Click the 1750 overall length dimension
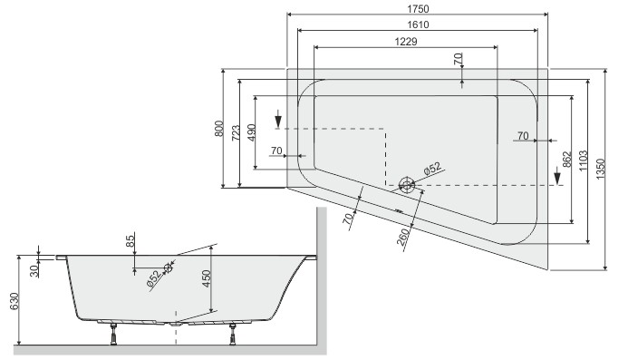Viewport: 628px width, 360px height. [418, 8]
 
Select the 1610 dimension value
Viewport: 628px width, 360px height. [418, 24]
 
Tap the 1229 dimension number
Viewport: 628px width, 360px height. [406, 41]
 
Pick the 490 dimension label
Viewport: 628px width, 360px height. [252, 131]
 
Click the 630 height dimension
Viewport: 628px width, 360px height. [12, 301]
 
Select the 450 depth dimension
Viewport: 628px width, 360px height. [207, 277]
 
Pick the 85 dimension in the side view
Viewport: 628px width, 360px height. [130, 241]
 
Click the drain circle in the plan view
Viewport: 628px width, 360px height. [407, 184]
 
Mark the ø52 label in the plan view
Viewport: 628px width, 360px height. [431, 168]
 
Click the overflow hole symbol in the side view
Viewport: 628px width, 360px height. [167, 268]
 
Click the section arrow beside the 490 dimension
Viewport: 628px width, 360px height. [279, 121]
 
